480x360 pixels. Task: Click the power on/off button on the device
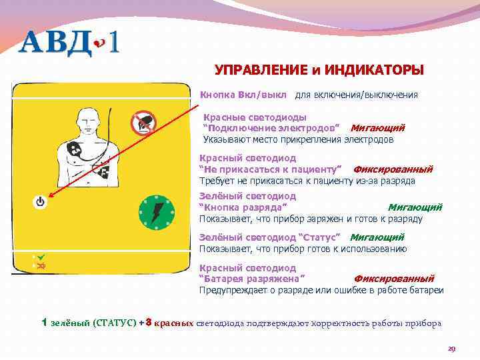(x=40, y=201)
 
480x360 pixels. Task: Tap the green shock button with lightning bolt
(x=156, y=214)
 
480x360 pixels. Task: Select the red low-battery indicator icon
(x=41, y=265)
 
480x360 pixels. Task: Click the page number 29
(x=451, y=348)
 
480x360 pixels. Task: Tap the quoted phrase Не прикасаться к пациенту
(x=271, y=169)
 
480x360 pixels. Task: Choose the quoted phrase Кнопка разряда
(x=239, y=207)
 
